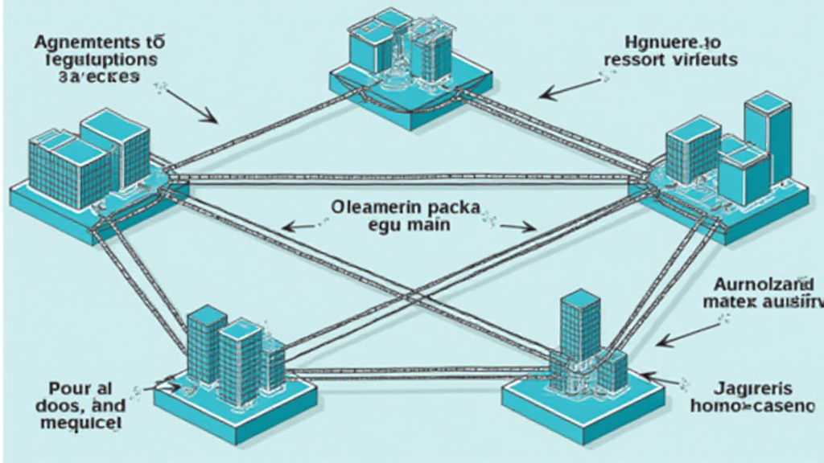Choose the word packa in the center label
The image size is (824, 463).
(451, 207)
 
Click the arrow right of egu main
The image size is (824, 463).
(517, 227)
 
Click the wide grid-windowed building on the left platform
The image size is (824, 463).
(69, 169)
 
